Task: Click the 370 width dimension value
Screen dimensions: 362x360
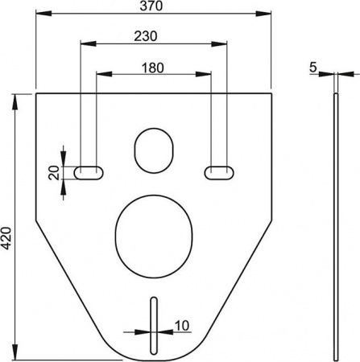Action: pos(153,6)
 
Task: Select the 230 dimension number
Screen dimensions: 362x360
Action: pos(145,36)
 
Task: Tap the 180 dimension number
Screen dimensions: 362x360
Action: pos(153,68)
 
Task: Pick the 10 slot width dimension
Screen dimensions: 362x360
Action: pos(182,326)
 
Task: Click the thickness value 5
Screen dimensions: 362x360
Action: pos(312,68)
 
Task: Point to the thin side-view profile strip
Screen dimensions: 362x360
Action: pos(335,225)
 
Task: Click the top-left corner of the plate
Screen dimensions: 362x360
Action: pos(37,94)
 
